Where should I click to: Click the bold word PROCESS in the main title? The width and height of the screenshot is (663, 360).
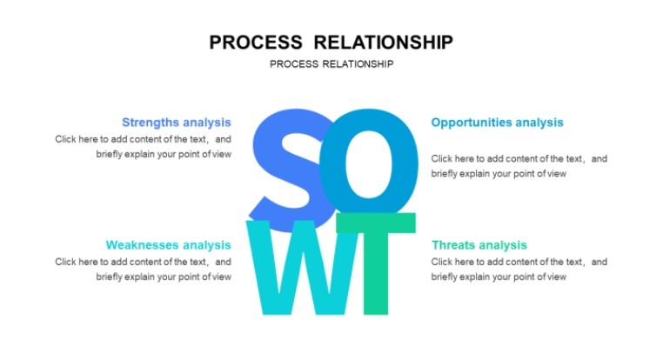[256, 43]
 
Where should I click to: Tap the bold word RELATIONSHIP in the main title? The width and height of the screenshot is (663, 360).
[384, 43]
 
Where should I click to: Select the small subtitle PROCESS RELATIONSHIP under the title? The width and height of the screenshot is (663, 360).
[331, 64]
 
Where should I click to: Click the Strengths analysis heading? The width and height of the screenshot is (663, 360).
[177, 123]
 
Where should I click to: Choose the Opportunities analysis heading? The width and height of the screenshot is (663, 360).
[498, 123]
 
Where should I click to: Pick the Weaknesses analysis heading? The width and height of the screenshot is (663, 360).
[168, 245]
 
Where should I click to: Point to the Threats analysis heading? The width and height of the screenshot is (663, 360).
[479, 245]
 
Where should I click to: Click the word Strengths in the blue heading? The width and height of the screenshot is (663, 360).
[151, 123]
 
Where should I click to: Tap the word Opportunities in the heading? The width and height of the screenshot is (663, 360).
[472, 123]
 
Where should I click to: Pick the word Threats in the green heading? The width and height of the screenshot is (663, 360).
[453, 245]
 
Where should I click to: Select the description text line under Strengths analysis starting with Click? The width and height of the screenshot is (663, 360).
[143, 139]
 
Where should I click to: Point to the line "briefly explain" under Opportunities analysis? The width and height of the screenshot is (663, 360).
[499, 174]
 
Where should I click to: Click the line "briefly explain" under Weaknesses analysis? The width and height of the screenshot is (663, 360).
[164, 277]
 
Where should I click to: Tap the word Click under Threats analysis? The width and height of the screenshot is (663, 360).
[441, 262]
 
